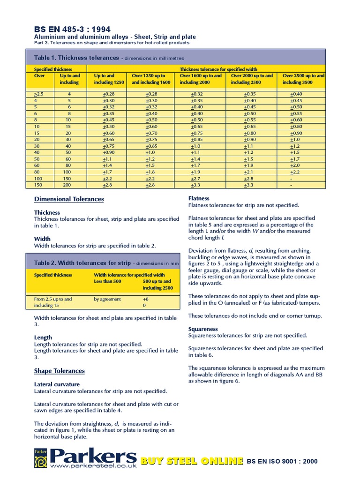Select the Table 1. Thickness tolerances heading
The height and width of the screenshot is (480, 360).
76,58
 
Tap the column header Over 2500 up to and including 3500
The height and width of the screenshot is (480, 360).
303,79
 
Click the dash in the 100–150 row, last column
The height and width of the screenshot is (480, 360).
292,179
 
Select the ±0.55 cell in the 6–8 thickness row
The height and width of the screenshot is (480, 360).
296,113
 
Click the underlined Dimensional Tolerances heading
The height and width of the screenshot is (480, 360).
69,199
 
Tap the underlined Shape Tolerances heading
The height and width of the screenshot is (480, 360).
60,371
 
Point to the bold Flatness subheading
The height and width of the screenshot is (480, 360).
199,198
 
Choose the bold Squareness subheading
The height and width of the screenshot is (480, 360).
203,329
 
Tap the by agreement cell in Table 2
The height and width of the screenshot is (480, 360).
107,299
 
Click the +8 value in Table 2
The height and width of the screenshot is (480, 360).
145,299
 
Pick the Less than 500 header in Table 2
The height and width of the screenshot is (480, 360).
108,281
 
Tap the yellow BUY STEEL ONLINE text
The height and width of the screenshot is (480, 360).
192,461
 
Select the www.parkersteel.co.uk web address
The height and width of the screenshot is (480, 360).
93,466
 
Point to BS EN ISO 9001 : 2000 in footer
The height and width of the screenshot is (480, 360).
282,461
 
